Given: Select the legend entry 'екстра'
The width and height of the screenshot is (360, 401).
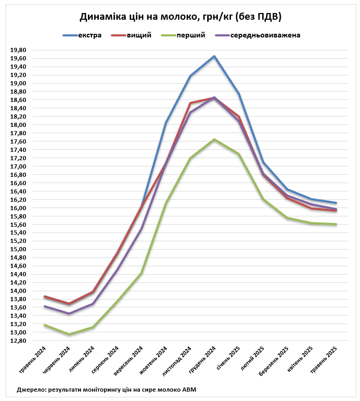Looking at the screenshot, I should point(89,35).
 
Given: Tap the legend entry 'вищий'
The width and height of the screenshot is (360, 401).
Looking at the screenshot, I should point(139,35).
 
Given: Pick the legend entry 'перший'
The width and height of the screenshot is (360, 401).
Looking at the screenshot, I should point(190,35).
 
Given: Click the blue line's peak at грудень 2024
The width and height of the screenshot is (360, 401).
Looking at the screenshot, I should point(214,56).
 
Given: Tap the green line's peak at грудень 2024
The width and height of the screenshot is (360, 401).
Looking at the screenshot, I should point(214,139).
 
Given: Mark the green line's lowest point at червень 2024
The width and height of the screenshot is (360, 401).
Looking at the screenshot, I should point(69,334).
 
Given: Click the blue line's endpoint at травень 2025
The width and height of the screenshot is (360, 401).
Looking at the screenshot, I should point(336,203).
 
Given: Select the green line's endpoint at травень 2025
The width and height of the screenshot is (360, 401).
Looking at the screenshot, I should point(336,224).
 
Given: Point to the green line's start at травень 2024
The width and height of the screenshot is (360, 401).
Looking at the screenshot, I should point(45,325).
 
